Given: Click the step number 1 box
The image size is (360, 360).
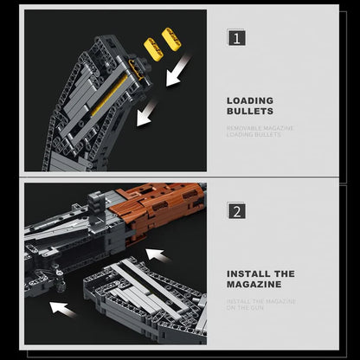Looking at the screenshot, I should pyautogui.click(x=236, y=38).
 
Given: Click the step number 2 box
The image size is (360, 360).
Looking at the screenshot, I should pyautogui.click(x=236, y=210).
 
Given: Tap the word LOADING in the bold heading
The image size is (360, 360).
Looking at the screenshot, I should pyautogui.click(x=250, y=100).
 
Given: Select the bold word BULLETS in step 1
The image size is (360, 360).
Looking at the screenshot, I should pyautogui.click(x=250, y=112).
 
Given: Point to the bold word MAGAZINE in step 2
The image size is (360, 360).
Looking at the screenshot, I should pyautogui.click(x=255, y=285).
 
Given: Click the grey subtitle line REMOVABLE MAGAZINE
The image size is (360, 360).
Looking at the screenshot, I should pyautogui.click(x=260, y=128).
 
